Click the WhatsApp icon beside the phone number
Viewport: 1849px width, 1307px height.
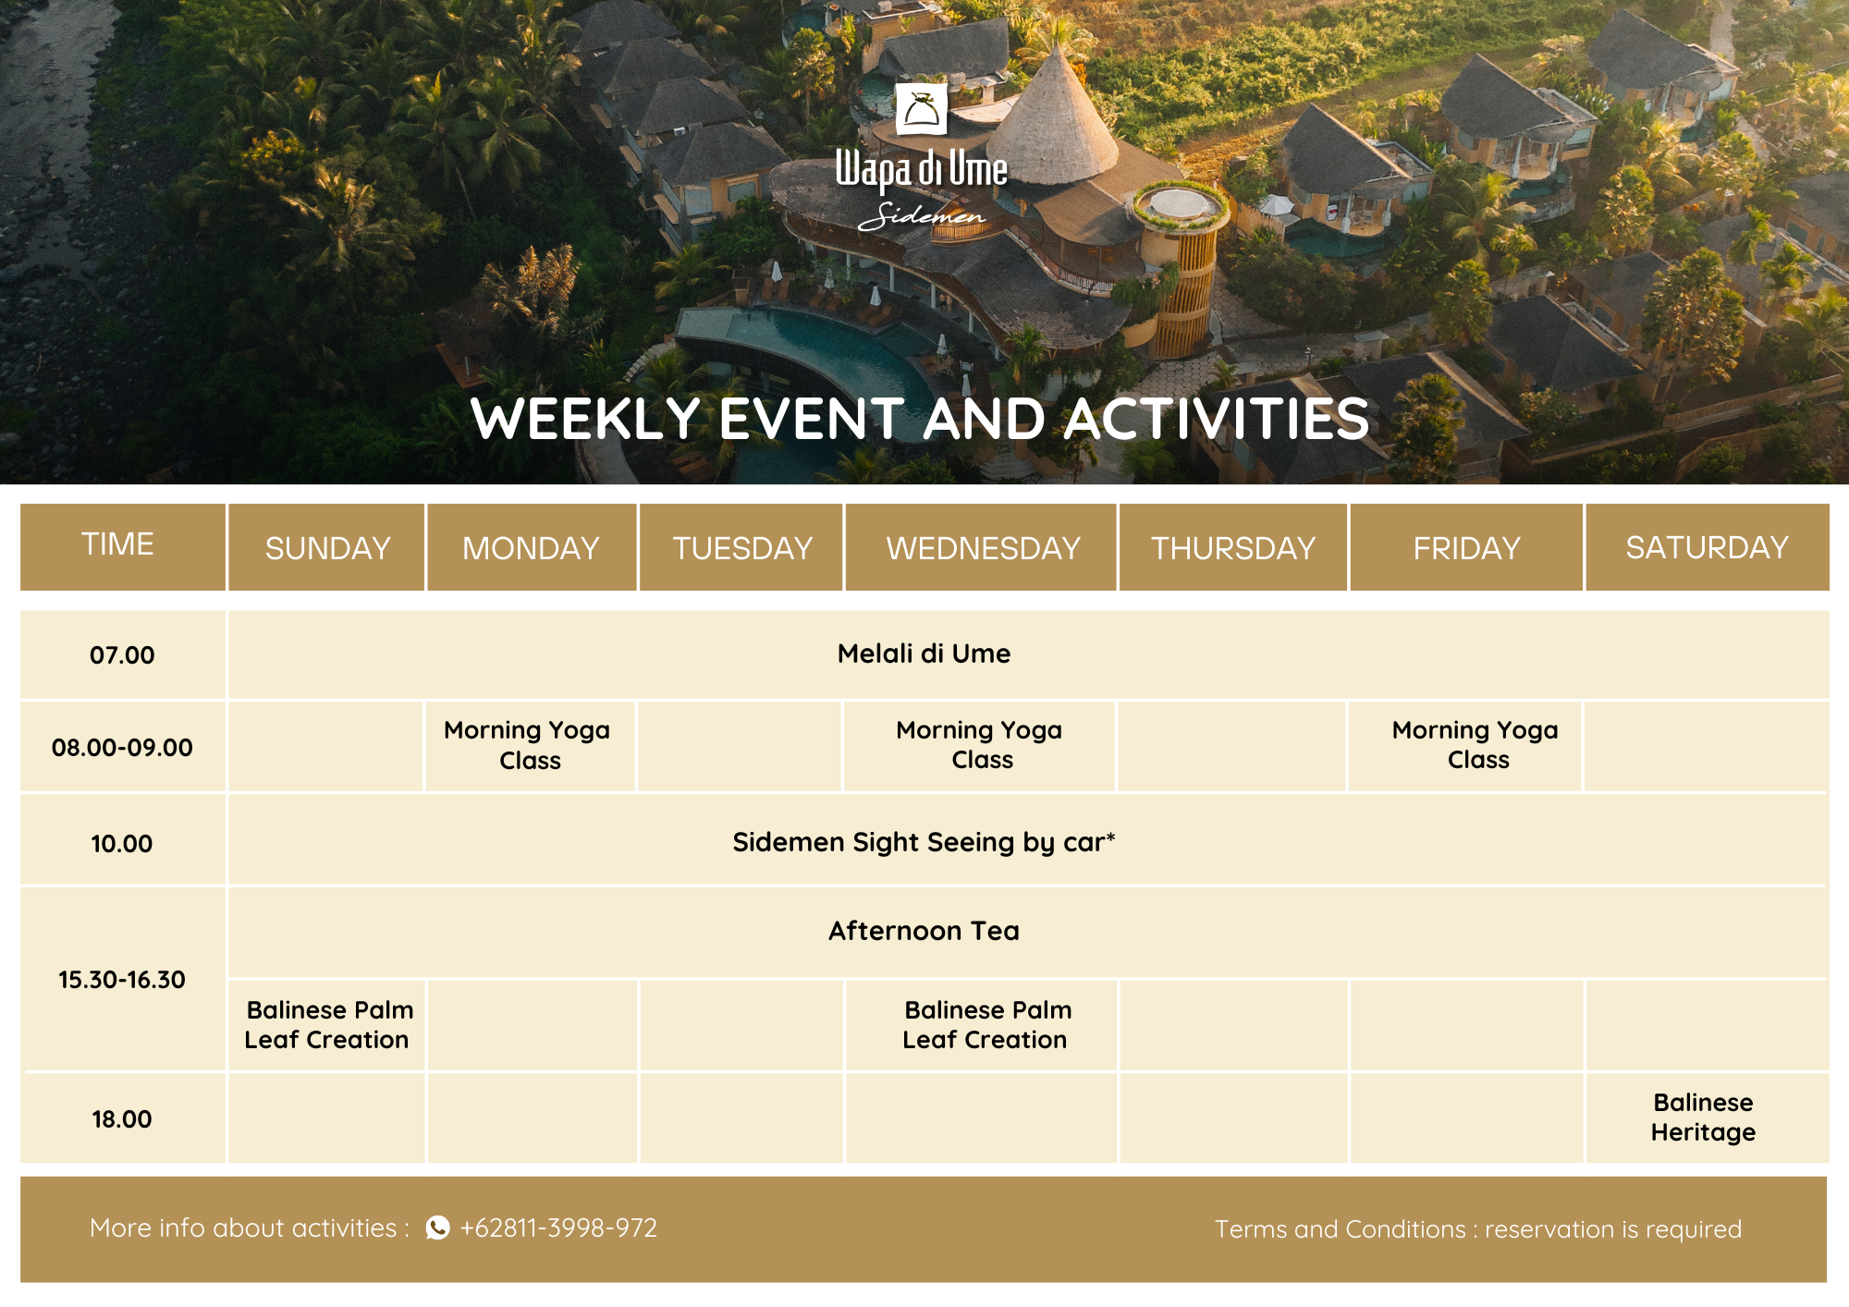[x=437, y=1228]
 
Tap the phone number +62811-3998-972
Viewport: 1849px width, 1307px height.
[x=558, y=1228]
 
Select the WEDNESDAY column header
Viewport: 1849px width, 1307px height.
[x=983, y=548]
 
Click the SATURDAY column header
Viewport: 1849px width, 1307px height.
[x=1708, y=547]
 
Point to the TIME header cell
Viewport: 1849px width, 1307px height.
[x=123, y=546]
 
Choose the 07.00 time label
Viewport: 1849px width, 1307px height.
[x=122, y=655]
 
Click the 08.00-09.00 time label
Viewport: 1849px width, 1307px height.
[x=122, y=748]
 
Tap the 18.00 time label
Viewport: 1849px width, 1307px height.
[x=122, y=1119]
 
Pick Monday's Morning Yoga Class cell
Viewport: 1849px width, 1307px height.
[x=530, y=745]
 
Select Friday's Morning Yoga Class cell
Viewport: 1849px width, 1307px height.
[x=1476, y=745]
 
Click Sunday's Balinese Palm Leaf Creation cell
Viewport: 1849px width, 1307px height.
[x=327, y=1025]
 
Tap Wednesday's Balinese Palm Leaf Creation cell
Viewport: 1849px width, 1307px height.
[x=986, y=1025]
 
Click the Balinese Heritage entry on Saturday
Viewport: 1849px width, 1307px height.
[x=1703, y=1118]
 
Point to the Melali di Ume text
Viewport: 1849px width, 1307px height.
[x=924, y=653]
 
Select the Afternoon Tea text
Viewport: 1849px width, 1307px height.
[x=924, y=931]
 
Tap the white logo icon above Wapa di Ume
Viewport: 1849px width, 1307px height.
[x=922, y=109]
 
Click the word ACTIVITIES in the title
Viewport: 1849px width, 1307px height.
[x=1217, y=419]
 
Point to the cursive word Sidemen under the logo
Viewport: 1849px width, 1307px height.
[x=922, y=215]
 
